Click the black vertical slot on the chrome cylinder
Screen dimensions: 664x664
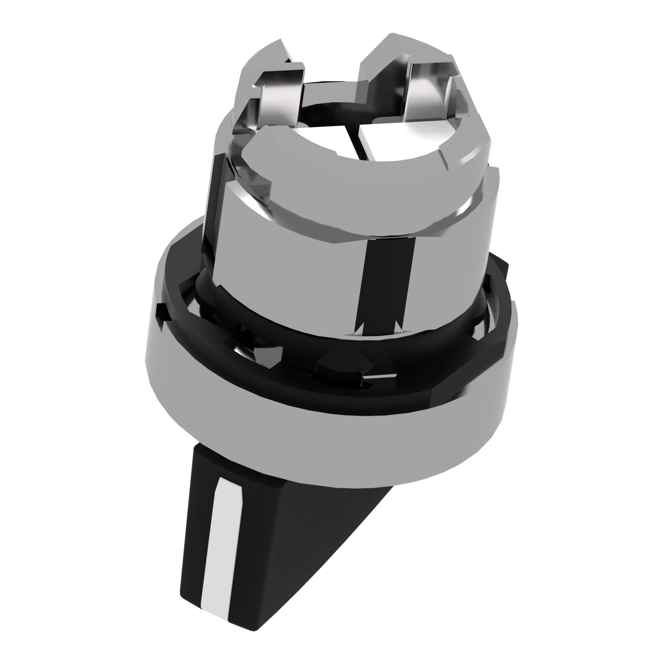[384, 288]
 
